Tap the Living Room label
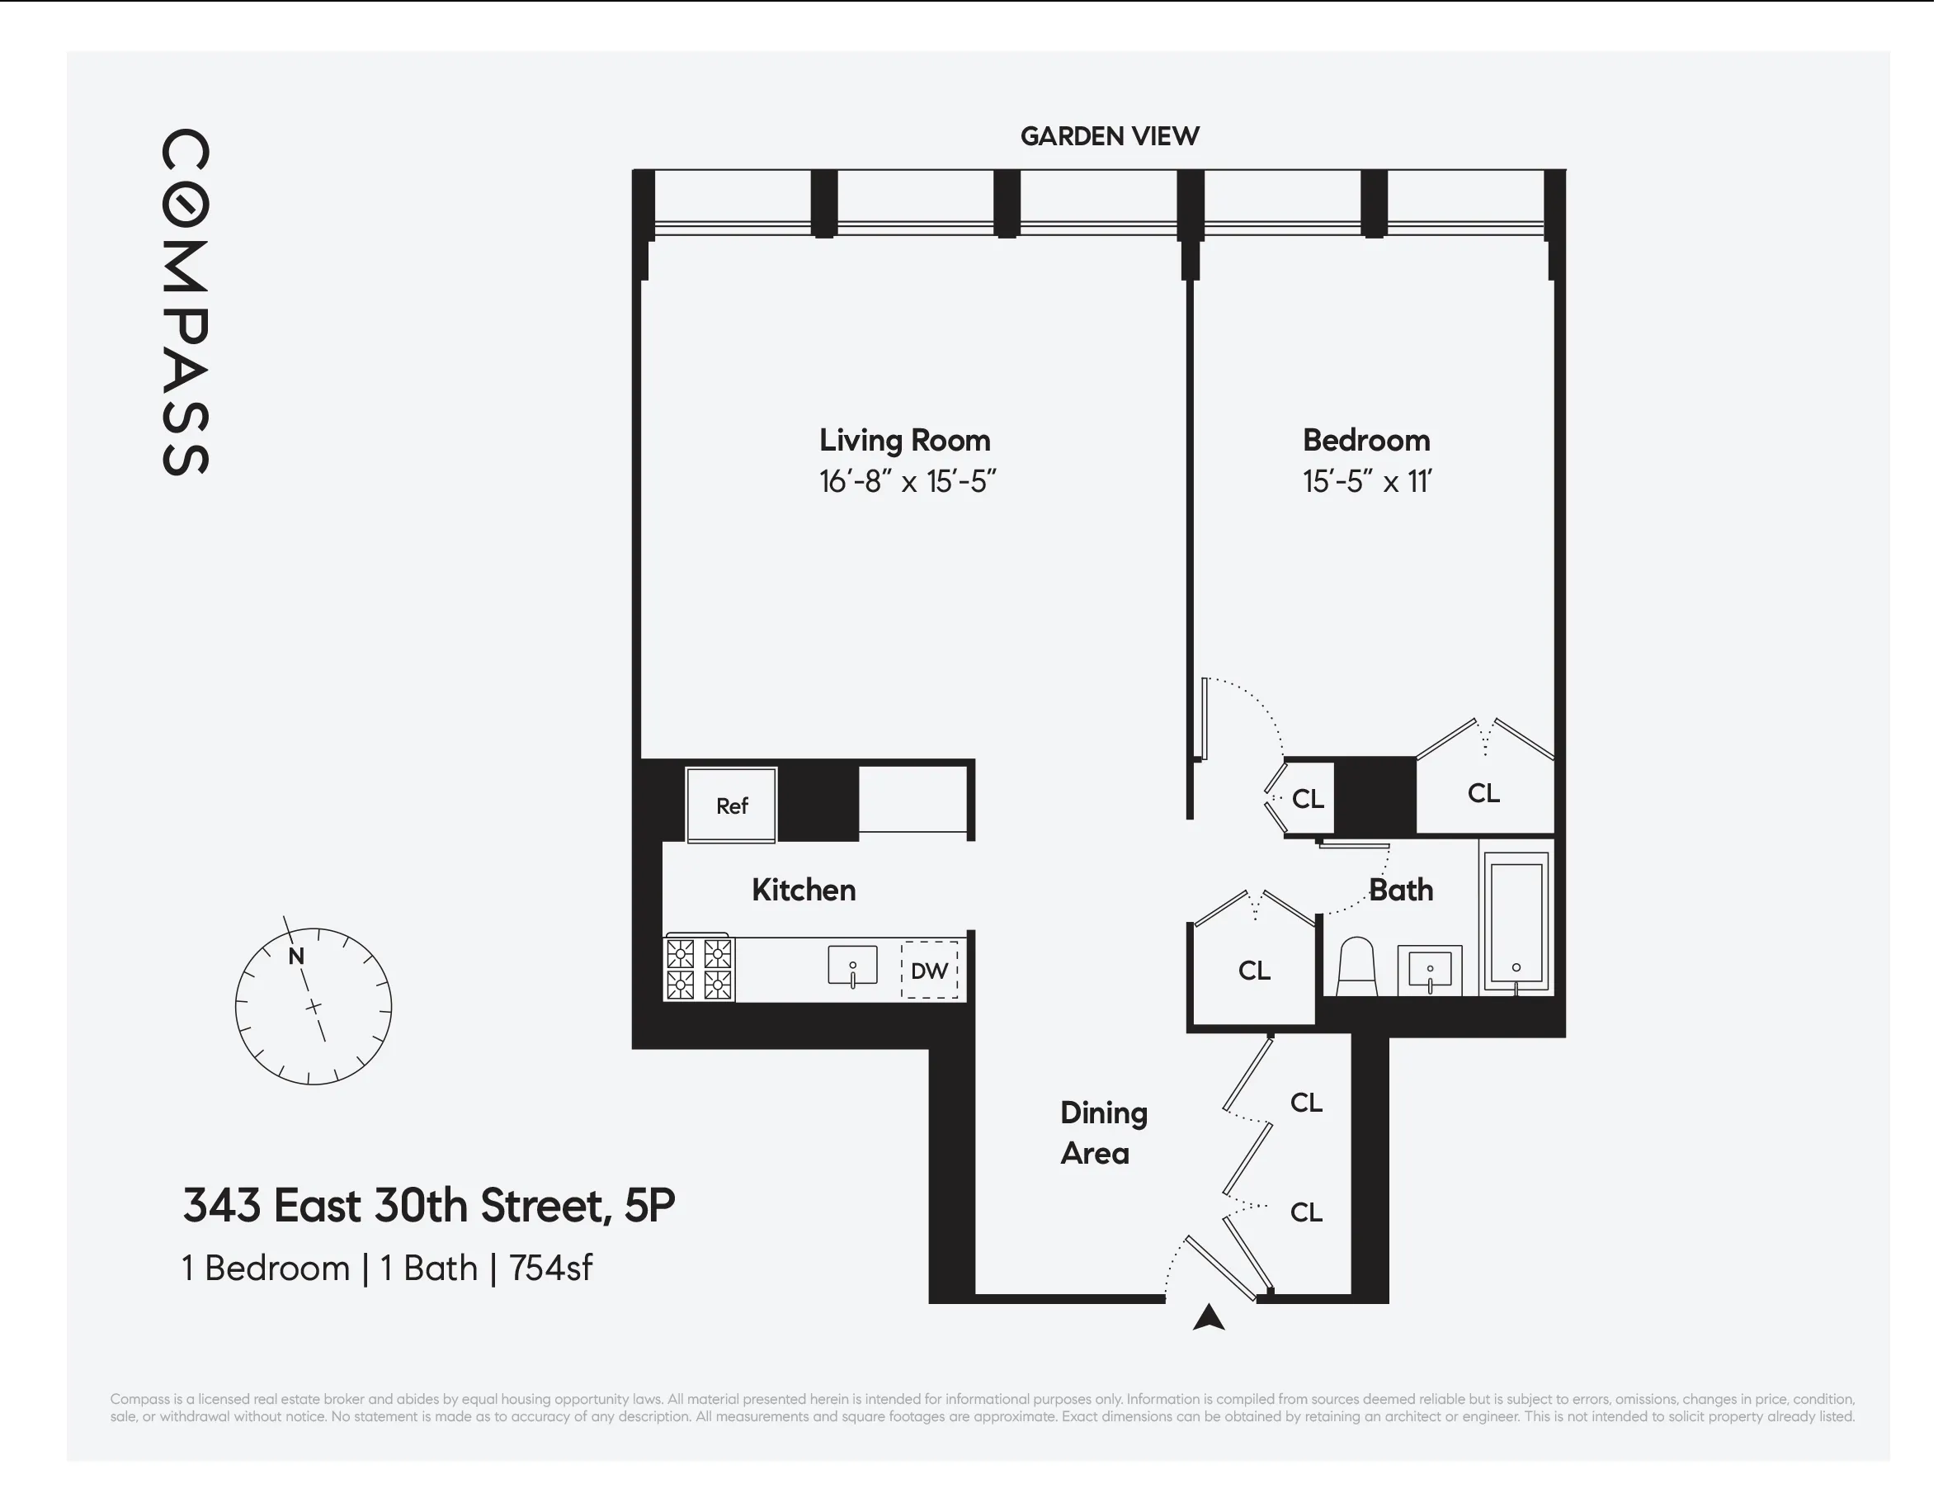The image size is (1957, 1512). pos(904,440)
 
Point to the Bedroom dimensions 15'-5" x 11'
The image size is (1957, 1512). pos(1366,482)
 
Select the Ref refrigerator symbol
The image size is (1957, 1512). pos(731,805)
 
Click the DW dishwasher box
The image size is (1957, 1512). pos(929,970)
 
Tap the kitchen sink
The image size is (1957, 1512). pos(852,966)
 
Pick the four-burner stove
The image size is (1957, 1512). pos(699,968)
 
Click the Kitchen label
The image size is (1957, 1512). pos(803,890)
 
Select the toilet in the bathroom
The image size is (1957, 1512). pos(1356,968)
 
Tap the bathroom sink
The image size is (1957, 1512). pos(1430,970)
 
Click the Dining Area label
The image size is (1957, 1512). pos(1103,1133)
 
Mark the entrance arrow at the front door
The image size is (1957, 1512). pos(1209,1317)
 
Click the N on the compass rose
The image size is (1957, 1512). pos(296,957)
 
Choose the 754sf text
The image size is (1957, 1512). pos(550,1269)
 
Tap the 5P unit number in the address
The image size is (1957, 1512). pos(648,1206)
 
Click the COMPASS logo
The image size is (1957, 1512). pos(186,302)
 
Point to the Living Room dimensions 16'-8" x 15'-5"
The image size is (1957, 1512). pos(907,482)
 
